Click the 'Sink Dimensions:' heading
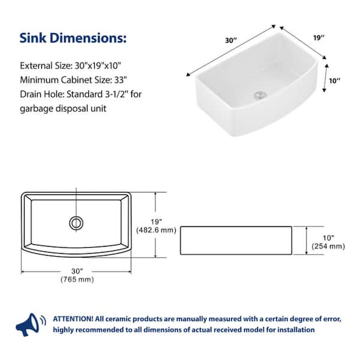[73, 38]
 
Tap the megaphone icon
[31, 325]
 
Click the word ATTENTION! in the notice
[73, 319]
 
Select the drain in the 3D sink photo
[260, 95]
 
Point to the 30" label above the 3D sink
[231, 40]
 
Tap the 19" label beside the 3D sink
[319, 38]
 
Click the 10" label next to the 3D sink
[335, 81]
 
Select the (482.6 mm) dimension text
[156, 230]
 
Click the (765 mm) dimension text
[77, 280]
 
